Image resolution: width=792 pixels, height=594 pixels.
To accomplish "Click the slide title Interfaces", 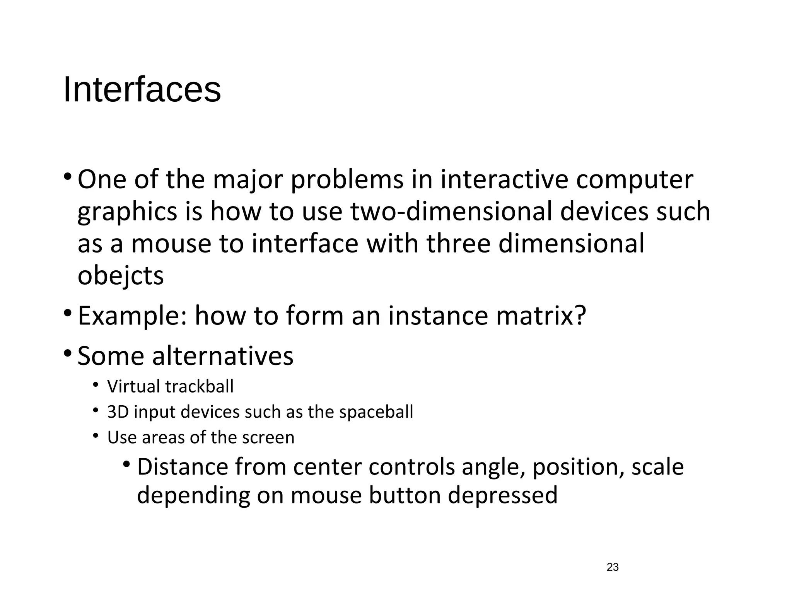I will [142, 90].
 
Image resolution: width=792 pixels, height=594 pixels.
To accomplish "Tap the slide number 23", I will [613, 567].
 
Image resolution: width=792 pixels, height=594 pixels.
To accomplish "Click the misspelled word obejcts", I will [121, 276].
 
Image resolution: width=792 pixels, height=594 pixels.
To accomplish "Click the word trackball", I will [200, 386].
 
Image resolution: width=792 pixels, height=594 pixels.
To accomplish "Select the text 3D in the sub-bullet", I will [118, 412].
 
